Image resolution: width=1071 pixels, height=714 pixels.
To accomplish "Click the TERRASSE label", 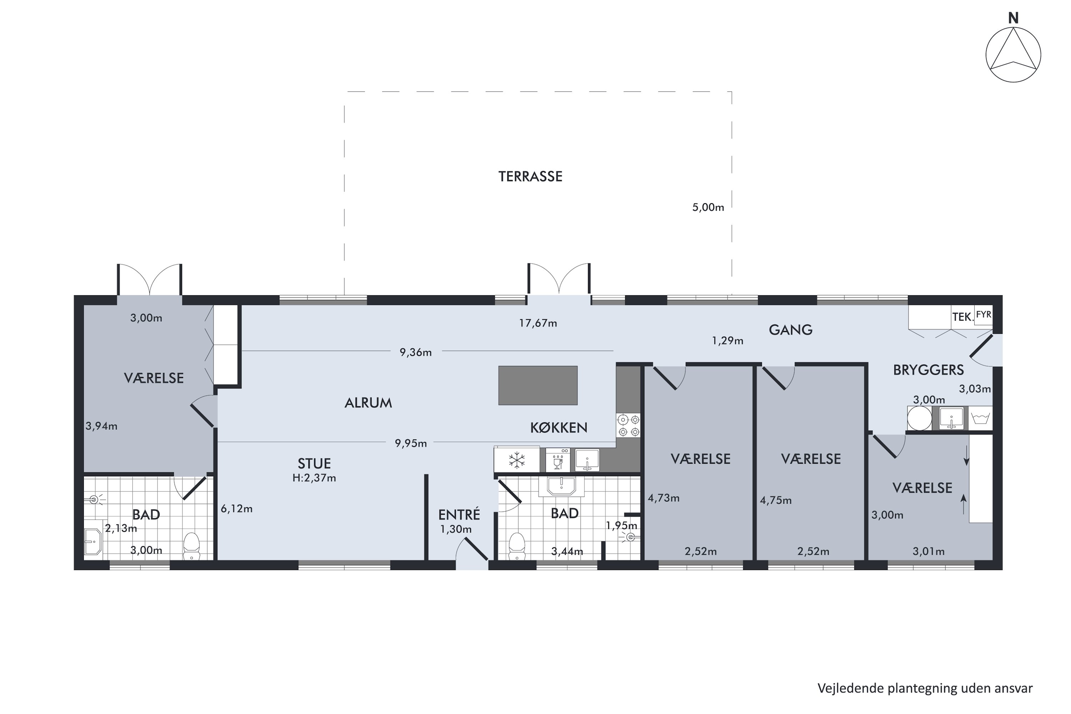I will pyautogui.click(x=530, y=176).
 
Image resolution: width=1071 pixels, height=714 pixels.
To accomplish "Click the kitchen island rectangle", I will pyautogui.click(x=537, y=385).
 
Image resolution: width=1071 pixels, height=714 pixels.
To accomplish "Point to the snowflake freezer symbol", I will pyautogui.click(x=517, y=459).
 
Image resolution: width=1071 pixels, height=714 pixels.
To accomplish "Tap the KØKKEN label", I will pyautogui.click(x=558, y=427).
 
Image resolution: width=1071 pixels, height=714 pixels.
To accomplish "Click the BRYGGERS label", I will pyautogui.click(x=928, y=370).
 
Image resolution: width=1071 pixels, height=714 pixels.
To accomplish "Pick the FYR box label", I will pyautogui.click(x=984, y=315).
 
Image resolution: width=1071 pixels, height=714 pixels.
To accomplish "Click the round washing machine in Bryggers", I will pyautogui.click(x=919, y=418).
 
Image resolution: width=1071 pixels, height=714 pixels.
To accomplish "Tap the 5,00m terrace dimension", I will pyautogui.click(x=708, y=207).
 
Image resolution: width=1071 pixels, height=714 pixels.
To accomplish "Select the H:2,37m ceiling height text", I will pyautogui.click(x=314, y=478).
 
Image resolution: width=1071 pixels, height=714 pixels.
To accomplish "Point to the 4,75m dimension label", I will pyautogui.click(x=775, y=501).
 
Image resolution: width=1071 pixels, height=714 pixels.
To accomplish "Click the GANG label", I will pyautogui.click(x=790, y=329).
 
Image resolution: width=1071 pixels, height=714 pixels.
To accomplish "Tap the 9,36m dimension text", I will pyautogui.click(x=415, y=352).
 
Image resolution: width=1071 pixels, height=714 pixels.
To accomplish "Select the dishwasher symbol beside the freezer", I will pyautogui.click(x=557, y=460).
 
